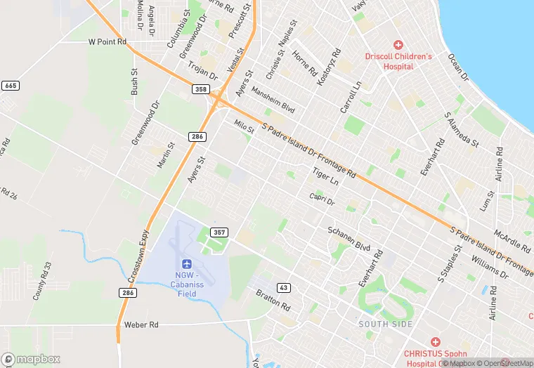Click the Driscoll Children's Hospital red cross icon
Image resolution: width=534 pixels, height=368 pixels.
pyautogui.click(x=398, y=44)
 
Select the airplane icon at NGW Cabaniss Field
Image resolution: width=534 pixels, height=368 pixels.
pyautogui.click(x=186, y=263)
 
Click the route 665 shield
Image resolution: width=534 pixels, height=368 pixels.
pyautogui.click(x=10, y=85)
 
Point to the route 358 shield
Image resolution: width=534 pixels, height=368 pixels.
pyautogui.click(x=202, y=89)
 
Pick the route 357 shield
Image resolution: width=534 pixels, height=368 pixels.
pyautogui.click(x=219, y=231)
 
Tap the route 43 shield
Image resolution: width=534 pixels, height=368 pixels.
pyautogui.click(x=284, y=287)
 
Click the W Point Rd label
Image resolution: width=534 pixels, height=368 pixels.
pyautogui.click(x=107, y=42)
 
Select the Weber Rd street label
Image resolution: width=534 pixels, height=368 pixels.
pyautogui.click(x=143, y=325)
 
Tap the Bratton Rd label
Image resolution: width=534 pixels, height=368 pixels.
pyautogui.click(x=273, y=300)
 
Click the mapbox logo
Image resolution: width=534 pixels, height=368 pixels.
pyautogui.click(x=31, y=359)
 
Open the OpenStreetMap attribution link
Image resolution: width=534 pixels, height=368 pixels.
pyautogui.click(x=505, y=363)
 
